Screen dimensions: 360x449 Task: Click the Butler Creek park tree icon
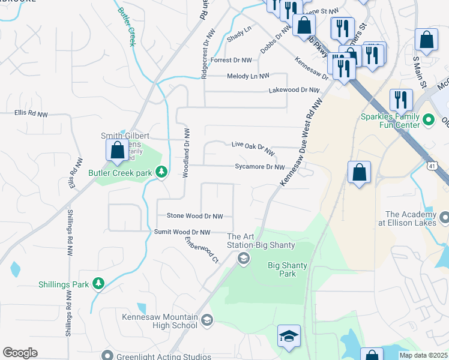point(161,172)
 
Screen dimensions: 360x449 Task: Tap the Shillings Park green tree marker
point(98,284)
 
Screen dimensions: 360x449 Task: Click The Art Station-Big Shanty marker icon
point(243,259)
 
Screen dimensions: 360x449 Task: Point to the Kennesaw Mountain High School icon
point(207,319)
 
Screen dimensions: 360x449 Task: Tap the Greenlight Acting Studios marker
point(107,355)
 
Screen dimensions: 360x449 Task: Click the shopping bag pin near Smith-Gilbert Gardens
point(117,150)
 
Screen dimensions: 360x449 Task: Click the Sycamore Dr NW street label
point(259,167)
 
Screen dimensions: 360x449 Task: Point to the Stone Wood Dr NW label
point(194,216)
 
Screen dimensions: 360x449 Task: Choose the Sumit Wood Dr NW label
point(182,232)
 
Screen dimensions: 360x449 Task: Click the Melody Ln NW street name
point(248,76)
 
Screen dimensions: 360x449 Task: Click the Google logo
point(20,353)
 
